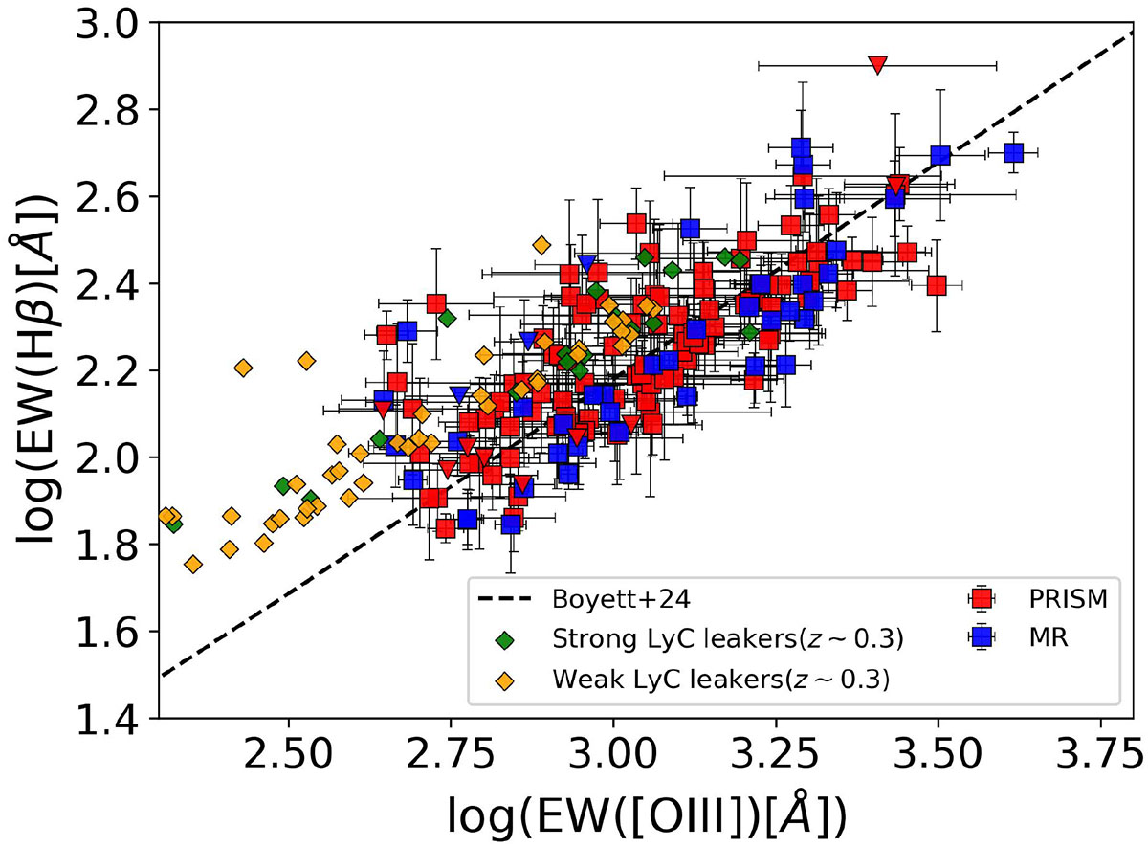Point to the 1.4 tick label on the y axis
click(113, 719)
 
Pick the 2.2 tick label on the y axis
click(113, 370)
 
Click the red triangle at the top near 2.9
click(878, 64)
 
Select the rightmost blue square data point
click(1014, 153)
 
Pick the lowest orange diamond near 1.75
click(193, 565)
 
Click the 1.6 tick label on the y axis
click(113, 632)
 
